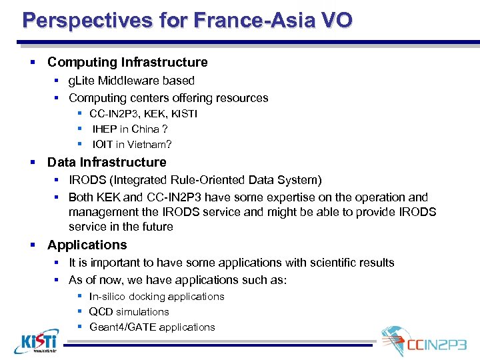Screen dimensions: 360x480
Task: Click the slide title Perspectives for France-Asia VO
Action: (187, 20)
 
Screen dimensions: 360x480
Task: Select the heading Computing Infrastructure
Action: (127, 62)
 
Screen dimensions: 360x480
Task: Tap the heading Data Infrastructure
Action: (107, 162)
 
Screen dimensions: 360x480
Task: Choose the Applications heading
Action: (87, 245)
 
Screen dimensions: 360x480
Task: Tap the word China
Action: (145, 129)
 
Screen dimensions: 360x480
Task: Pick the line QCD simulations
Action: (129, 311)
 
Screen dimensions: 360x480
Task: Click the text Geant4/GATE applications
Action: (152, 327)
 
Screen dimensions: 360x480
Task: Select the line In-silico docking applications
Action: (157, 296)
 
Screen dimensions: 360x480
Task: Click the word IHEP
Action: (105, 129)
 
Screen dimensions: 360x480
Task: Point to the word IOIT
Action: (104, 144)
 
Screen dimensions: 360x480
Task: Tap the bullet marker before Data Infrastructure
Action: (32, 162)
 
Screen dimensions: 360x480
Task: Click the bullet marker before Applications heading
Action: (32, 245)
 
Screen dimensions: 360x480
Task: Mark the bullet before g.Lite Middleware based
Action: (57, 81)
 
